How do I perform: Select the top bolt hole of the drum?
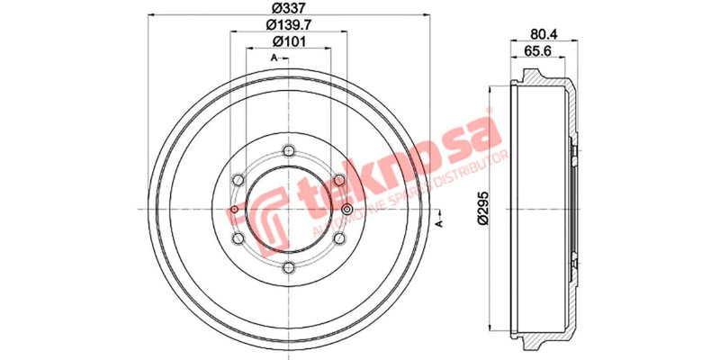coord(287,150)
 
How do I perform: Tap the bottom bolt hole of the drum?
coord(287,267)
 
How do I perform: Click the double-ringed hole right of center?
coord(346,210)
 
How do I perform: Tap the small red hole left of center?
coord(234,211)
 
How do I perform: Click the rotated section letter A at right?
coord(440,220)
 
